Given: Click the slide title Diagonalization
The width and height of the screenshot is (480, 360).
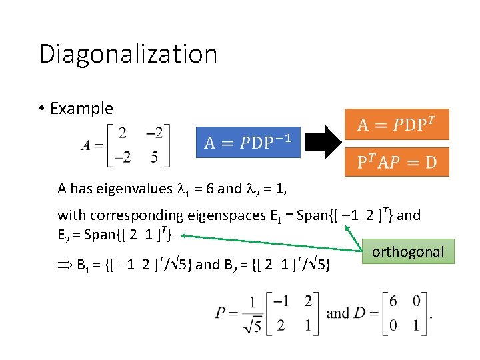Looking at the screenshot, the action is coord(128,53).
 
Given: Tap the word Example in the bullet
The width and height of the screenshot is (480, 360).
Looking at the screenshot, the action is coord(81,108).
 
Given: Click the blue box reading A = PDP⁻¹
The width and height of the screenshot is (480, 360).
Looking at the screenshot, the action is coord(248,142).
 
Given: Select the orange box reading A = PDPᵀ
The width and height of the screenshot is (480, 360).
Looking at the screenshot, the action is coord(397,124).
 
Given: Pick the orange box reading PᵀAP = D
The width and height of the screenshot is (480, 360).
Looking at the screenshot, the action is coord(397,162).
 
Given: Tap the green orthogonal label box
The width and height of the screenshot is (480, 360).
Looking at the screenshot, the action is coord(407,251).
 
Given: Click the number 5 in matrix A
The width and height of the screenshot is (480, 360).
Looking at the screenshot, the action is coord(154,157).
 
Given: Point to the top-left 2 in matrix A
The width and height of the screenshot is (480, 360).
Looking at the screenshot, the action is coord(121,132).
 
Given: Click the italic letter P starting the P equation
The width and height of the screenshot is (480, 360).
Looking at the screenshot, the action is coord(219,313).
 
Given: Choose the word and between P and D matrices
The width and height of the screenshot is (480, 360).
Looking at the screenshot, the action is coord(338,313).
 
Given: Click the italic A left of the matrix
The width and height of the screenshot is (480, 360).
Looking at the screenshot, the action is coord(86,145).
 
